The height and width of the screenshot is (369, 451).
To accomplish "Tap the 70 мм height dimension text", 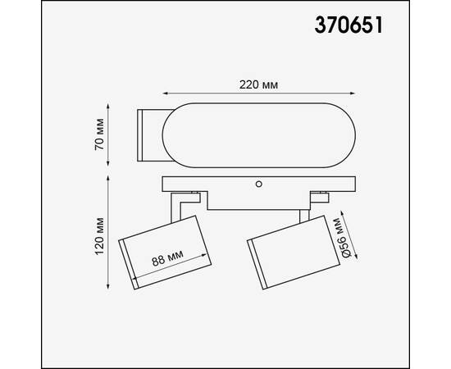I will tap(100, 135).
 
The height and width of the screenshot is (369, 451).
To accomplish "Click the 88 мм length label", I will tap(167, 258).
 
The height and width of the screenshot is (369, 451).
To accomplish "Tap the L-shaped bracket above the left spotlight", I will tap(185, 202).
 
